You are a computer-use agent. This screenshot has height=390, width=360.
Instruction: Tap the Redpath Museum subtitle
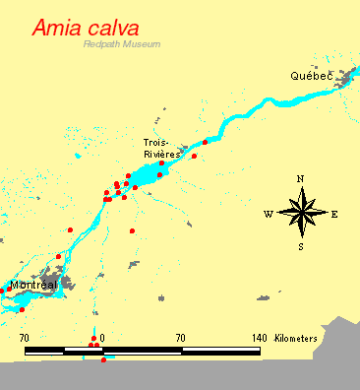[x=121, y=45]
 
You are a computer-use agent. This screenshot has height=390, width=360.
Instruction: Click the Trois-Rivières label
[x=161, y=149]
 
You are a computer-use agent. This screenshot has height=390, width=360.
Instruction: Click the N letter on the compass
[x=301, y=178]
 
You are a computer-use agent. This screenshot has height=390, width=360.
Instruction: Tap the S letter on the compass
[x=301, y=246]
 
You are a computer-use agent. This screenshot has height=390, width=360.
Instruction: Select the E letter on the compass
[x=334, y=214]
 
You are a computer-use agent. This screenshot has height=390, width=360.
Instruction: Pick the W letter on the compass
[x=268, y=214]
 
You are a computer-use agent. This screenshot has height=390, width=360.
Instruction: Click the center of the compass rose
[x=301, y=213]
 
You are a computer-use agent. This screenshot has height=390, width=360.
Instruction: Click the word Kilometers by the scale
[x=296, y=338]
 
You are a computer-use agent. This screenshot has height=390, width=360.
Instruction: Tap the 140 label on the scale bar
[x=259, y=338]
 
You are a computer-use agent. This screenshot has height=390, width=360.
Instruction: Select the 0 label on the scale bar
[x=102, y=338]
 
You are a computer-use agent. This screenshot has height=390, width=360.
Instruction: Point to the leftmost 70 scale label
[x=25, y=338]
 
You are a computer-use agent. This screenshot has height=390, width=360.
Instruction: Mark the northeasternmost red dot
[x=205, y=143]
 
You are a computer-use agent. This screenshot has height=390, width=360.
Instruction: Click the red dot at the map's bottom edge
[x=103, y=360]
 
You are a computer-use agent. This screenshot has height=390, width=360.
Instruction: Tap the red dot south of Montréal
[x=22, y=309]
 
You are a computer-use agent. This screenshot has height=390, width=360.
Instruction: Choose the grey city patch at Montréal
[x=54, y=283]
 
